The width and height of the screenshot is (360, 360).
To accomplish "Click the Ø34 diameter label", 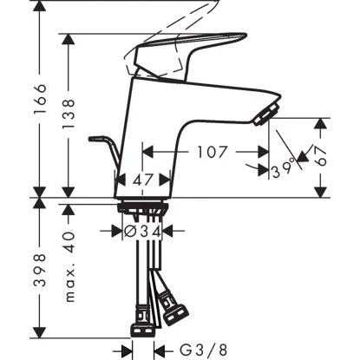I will tap(141, 232).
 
